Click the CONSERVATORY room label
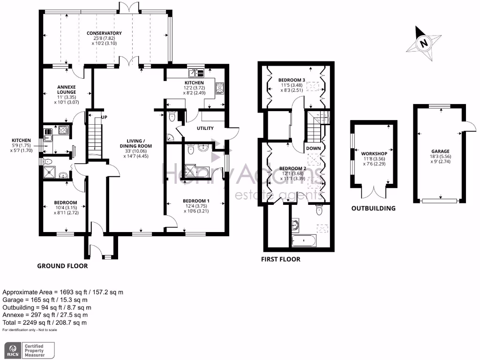point(104,33)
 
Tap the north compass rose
point(424,44)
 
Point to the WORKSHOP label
point(374,154)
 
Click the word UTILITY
point(205,128)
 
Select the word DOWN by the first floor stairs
point(314,149)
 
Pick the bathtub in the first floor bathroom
point(304,241)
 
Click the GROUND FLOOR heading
point(62,266)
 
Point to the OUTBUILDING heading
point(374,208)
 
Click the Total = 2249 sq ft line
point(45,323)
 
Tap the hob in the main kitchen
point(219,88)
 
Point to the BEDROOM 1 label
point(196,201)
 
